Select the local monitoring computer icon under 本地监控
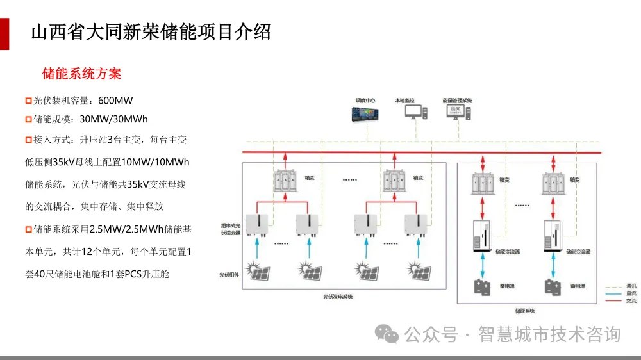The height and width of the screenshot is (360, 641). pos(415,112)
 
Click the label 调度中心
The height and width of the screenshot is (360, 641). pos(366,101)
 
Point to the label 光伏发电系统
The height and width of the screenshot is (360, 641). pos(338,297)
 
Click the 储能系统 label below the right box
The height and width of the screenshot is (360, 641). pos(525,311)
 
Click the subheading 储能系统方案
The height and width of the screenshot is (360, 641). pos(81,74)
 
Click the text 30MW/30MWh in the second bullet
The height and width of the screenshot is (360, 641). pos(113,119)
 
